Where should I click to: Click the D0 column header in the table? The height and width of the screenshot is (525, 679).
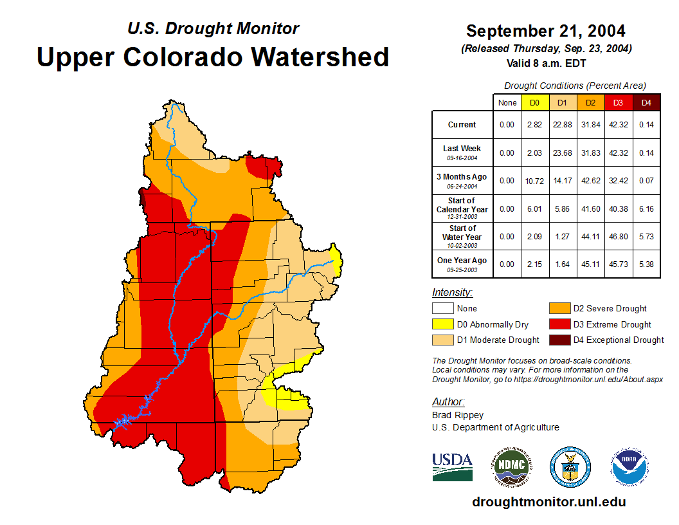pyautogui.click(x=535, y=102)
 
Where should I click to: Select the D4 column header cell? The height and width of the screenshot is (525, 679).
pyautogui.click(x=646, y=102)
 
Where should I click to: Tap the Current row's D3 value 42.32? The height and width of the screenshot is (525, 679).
pyautogui.click(x=619, y=125)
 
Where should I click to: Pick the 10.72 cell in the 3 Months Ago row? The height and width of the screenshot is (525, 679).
pyautogui.click(x=535, y=181)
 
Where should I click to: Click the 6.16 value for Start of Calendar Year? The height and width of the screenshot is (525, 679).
pyautogui.click(x=646, y=209)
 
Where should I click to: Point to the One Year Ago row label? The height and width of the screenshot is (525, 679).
pyautogui.click(x=462, y=264)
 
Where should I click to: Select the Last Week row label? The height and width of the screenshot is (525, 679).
pyautogui.click(x=462, y=152)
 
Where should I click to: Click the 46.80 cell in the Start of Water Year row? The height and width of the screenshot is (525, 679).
pyautogui.click(x=619, y=237)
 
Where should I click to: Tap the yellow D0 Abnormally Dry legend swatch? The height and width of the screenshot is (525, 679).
pyautogui.click(x=442, y=324)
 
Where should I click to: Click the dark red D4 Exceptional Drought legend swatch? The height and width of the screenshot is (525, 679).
pyautogui.click(x=559, y=340)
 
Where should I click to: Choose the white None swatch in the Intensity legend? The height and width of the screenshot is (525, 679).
pyautogui.click(x=442, y=309)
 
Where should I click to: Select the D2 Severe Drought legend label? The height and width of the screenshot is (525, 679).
pyautogui.click(x=610, y=309)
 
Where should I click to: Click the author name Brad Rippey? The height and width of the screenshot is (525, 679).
pyautogui.click(x=458, y=415)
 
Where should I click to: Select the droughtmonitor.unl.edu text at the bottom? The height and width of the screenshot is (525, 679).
pyautogui.click(x=548, y=502)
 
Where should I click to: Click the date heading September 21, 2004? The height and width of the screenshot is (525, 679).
pyautogui.click(x=546, y=31)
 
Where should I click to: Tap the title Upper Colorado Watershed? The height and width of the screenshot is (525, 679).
pyautogui.click(x=213, y=57)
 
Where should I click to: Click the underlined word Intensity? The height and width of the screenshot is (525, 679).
pyautogui.click(x=452, y=293)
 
